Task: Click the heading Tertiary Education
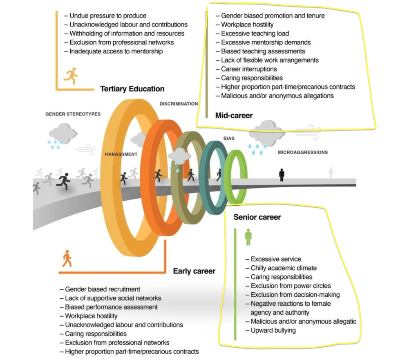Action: (132, 89)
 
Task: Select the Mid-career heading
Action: (234, 116)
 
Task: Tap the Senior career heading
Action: (257, 217)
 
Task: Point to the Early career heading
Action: (194, 271)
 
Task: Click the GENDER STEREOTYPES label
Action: (73, 114)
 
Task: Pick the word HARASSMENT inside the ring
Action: (121, 154)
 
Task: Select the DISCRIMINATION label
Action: (179, 104)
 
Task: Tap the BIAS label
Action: (229, 139)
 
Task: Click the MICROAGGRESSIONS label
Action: (303, 153)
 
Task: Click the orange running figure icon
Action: (71, 76)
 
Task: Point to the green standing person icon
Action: (248, 237)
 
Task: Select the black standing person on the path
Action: (282, 175)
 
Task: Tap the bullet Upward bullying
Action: (273, 330)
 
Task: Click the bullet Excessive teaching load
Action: (255, 33)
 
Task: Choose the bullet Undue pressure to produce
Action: (107, 16)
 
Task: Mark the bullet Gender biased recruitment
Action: (102, 289)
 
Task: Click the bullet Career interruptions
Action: (249, 69)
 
